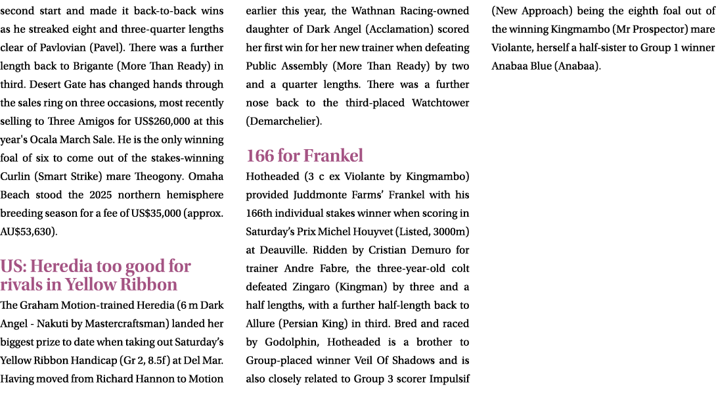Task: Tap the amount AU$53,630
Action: pos(27,232)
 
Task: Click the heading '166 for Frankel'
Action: pos(305,156)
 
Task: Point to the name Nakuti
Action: pos(52,324)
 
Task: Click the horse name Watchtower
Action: pos(440,103)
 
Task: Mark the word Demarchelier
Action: pos(284,122)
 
